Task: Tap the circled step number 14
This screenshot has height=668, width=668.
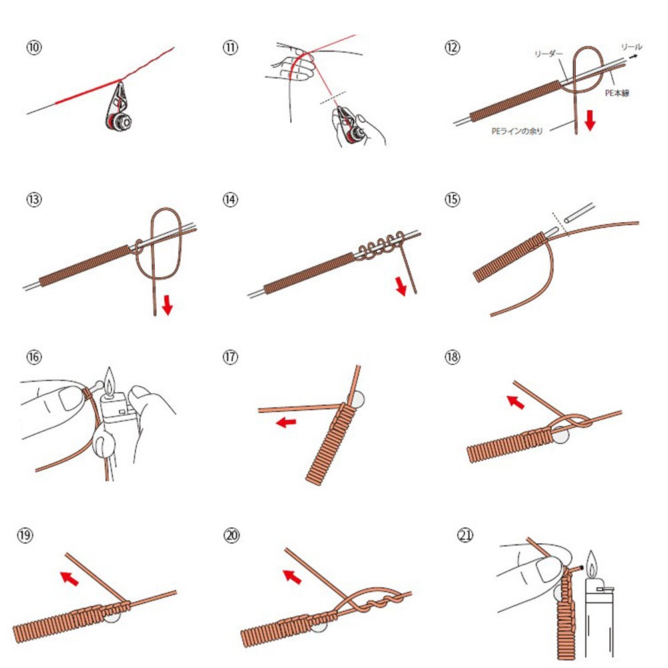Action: (x=230, y=200)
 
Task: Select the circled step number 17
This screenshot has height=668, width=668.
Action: (x=230, y=357)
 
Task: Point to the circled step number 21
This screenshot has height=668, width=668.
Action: (x=465, y=535)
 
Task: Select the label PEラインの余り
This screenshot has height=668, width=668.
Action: (x=517, y=131)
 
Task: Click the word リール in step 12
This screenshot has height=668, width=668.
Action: (x=631, y=47)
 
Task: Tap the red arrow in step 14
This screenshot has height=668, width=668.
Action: (x=400, y=286)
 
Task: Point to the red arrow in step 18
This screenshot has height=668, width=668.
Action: (x=515, y=402)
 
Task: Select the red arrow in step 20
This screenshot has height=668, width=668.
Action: (x=290, y=575)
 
